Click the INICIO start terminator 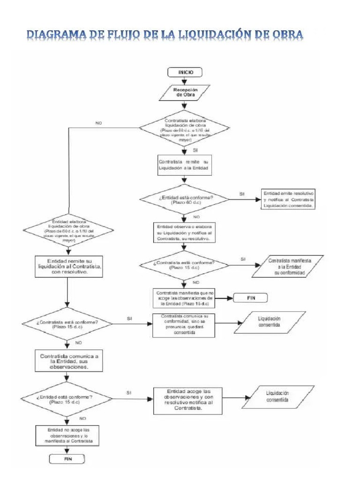click(185, 72)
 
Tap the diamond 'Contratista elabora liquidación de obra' click(185, 127)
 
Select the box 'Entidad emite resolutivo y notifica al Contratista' click(289, 199)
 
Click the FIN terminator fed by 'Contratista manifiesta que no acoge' click(250, 297)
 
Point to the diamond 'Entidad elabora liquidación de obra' click(69, 230)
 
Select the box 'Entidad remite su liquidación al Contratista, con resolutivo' click(69, 266)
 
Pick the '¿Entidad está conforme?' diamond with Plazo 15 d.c click(69, 399)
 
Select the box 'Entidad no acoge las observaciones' click(69, 435)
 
